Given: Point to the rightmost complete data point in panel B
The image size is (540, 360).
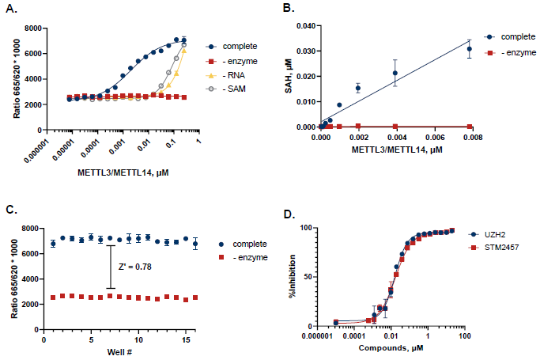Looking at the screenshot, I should pyautogui.click(x=469, y=49).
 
